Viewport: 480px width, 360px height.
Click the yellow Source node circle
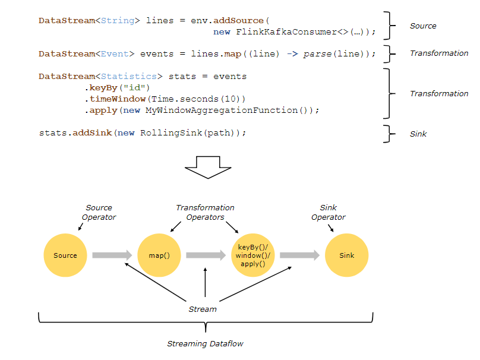65,255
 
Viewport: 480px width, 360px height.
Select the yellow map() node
159,255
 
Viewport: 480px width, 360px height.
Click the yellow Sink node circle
347,255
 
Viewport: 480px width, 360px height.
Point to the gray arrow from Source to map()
112,255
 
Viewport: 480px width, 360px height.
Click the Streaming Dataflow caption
204,344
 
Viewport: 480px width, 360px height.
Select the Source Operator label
99,212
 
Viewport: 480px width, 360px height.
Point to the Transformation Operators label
205,212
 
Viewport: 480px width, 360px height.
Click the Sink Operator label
328,212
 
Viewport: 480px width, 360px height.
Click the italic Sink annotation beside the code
418,134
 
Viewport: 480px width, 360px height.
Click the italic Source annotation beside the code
423,26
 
